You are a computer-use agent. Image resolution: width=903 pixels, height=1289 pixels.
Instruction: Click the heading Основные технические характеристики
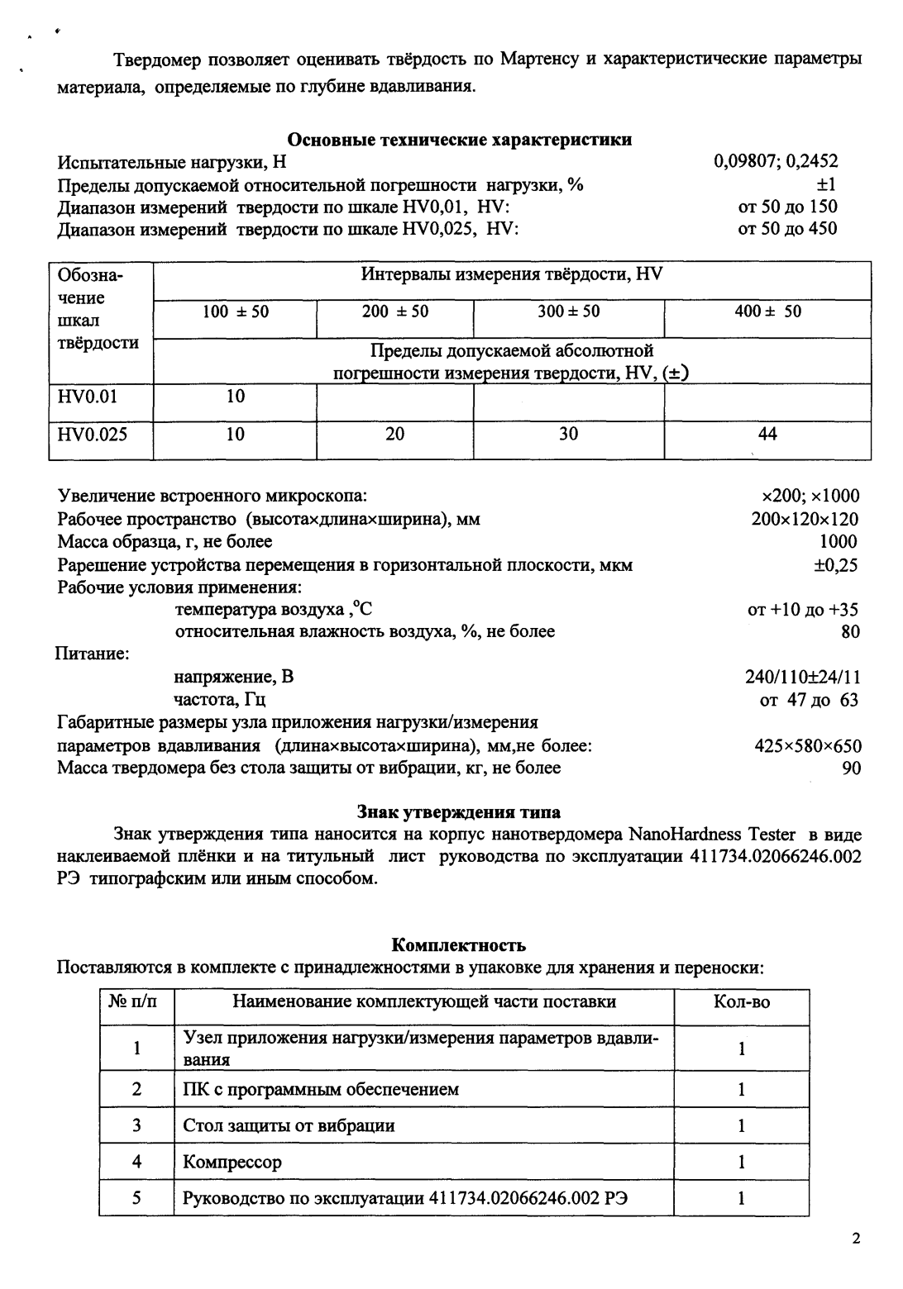[459, 140]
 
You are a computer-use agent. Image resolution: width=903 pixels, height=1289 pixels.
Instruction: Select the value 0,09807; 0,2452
[775, 162]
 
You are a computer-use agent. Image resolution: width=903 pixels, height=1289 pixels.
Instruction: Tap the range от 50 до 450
[786, 228]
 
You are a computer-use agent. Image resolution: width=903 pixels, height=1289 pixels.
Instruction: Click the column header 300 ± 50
[568, 312]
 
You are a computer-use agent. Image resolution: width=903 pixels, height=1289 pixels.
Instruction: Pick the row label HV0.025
[93, 434]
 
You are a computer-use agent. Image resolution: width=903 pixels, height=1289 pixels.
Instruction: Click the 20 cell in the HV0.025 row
[394, 434]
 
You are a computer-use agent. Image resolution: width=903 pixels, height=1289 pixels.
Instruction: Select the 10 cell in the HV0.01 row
[236, 397]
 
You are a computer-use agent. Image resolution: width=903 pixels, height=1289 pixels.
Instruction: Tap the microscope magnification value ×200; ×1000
[810, 496]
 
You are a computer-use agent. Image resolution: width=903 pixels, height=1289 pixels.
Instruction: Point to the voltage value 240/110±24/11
[802, 678]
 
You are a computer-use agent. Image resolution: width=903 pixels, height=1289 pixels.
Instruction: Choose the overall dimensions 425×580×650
[807, 746]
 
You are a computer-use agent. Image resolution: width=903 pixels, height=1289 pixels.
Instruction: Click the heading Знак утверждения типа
[458, 811]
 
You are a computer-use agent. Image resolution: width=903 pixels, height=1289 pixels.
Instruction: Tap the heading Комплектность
[458, 944]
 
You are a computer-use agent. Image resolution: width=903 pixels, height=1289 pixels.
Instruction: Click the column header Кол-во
[741, 1002]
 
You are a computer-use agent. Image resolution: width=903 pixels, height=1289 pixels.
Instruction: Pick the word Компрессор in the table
[232, 1162]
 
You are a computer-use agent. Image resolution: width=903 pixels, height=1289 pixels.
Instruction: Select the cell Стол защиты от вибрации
[289, 1125]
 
